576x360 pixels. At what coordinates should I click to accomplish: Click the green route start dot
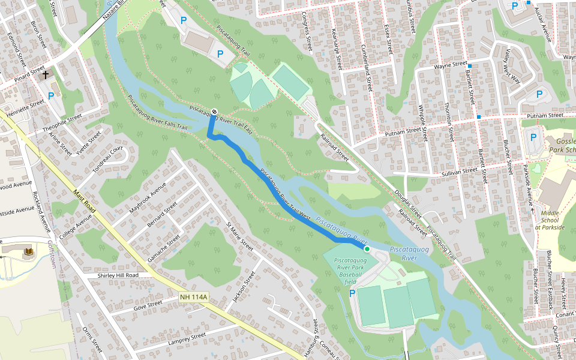pos(367,248)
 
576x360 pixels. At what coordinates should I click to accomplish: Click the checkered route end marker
pos(214,111)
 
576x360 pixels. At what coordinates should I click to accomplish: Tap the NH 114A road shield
pos(193,297)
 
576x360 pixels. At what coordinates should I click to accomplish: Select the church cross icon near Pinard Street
pos(46,75)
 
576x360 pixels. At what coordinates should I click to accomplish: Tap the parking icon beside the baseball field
pos(352,293)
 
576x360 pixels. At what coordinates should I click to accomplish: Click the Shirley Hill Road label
pos(118,275)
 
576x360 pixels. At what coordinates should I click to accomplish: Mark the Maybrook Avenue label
pos(147,198)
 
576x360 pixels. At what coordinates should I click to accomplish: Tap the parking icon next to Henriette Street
pos(51,95)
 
